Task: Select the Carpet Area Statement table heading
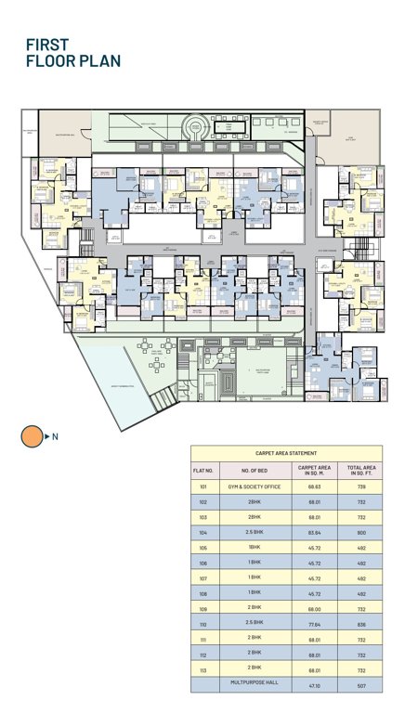tap(286, 453)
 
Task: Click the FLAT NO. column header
tap(203, 470)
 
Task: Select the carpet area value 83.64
tap(315, 532)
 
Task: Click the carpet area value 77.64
tap(315, 623)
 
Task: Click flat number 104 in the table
tap(203, 532)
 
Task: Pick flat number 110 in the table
tap(203, 623)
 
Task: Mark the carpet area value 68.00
tap(315, 608)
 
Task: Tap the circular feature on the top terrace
tap(196, 126)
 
